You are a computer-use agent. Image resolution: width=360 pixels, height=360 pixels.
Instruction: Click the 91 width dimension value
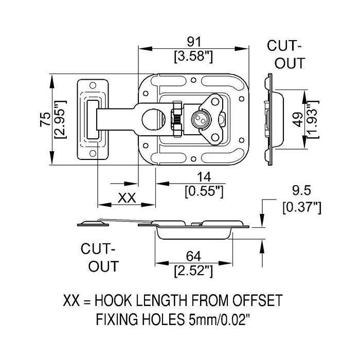(194, 41)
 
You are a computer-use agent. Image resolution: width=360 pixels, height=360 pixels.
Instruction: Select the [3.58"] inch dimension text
(194, 56)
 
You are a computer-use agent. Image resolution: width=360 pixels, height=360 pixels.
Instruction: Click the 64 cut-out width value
(194, 256)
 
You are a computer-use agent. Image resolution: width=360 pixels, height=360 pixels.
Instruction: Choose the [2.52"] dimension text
(194, 269)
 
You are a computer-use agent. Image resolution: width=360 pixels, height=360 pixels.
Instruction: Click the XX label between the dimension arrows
(127, 197)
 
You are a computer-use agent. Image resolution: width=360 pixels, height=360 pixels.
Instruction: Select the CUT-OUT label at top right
(286, 55)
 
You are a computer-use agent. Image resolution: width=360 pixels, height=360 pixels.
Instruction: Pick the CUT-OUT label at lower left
(100, 258)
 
